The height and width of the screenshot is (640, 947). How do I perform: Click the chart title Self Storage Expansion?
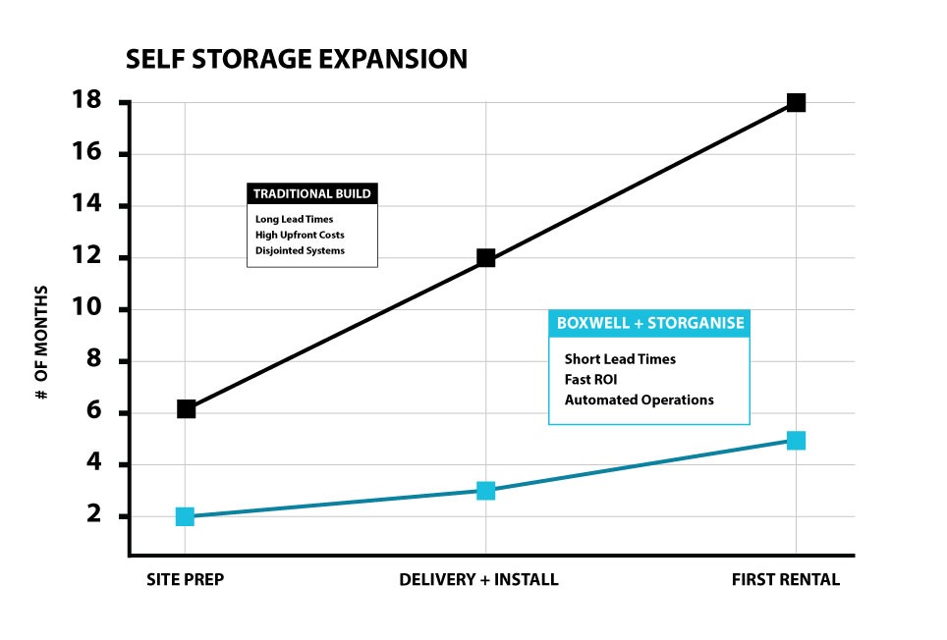point(297,60)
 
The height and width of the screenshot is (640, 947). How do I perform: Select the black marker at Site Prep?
point(186,409)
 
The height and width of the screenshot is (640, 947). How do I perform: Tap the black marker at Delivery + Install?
point(485,258)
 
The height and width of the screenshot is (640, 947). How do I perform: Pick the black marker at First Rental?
point(796,103)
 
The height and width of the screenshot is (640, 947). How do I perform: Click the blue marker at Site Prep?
point(185,516)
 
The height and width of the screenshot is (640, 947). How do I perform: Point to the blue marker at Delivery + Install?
point(485,491)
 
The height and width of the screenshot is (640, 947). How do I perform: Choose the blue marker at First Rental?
point(796,441)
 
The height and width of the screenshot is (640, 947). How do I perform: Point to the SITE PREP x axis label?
point(185,579)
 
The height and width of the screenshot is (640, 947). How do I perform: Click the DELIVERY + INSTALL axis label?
point(478,579)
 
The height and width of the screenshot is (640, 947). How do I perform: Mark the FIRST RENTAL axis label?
point(786,579)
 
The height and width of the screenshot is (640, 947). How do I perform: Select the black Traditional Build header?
point(311,193)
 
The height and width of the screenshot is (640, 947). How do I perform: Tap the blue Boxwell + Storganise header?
point(648,324)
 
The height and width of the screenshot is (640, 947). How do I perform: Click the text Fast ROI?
point(591,379)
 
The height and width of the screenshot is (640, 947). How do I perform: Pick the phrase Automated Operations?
point(639,400)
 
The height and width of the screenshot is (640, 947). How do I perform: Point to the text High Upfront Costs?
point(300,235)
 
